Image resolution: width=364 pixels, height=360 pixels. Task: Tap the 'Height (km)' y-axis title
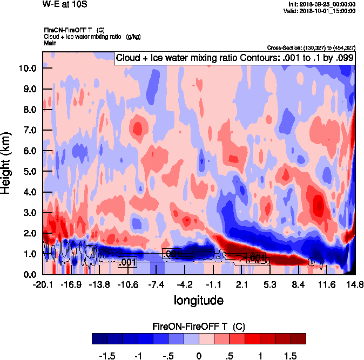coord(7,164)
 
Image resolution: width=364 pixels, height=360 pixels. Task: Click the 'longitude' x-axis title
coord(199,299)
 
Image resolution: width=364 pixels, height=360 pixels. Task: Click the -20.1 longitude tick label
coord(43,284)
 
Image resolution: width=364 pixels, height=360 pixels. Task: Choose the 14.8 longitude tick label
coord(354,284)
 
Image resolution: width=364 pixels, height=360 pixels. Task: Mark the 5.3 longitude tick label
coord(271,284)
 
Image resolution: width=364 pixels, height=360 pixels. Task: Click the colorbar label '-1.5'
coord(108,356)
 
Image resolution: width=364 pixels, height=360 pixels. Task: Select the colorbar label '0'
coord(199,356)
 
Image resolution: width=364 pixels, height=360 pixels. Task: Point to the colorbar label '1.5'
coord(291,356)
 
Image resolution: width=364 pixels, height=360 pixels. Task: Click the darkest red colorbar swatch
coord(298,338)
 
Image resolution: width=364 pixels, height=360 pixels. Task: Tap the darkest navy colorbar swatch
coord(100,338)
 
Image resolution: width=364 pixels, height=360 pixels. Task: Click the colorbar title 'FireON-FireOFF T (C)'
coord(199,326)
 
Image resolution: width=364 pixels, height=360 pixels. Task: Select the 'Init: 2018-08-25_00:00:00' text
coord(322,4)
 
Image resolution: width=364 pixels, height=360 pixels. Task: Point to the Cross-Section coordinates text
coord(311,48)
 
